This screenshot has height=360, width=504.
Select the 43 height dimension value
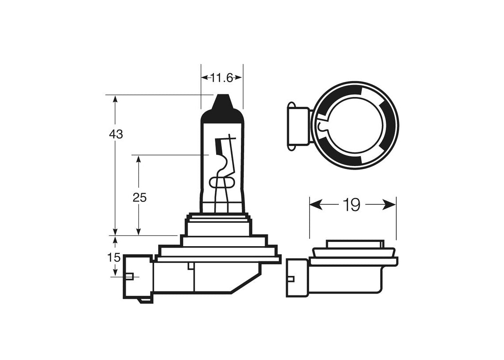coord(116,134)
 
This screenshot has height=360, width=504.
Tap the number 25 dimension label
coord(140,197)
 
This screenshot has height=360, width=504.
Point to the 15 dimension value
coord(114,257)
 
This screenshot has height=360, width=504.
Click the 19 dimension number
coord(352,205)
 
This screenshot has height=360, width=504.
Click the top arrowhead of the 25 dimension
coord(139,159)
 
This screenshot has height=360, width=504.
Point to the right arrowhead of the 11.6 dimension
coord(239,77)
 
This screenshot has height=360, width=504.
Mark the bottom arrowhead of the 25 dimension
coord(139,231)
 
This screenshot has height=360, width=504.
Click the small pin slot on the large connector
coord(131,276)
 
